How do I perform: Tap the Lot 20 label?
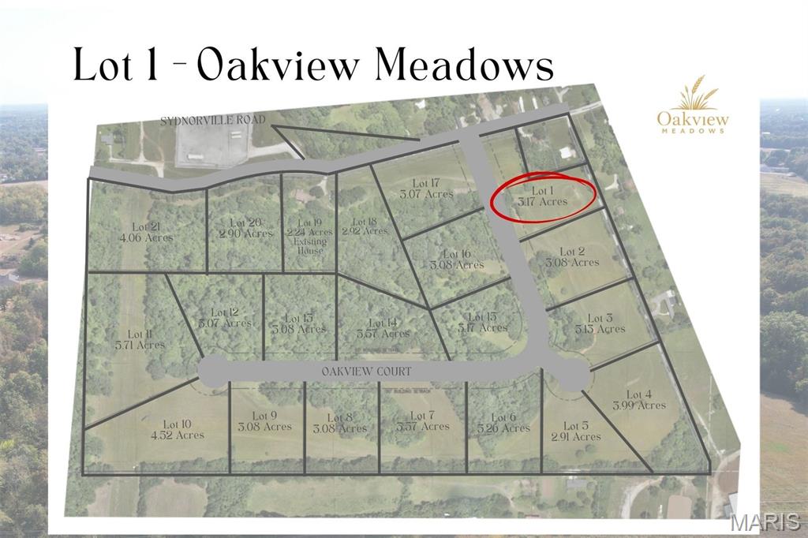(245, 228)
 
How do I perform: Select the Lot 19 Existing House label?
(310, 232)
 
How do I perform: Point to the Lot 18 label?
(365, 226)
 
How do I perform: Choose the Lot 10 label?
(178, 429)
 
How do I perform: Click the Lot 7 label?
(424, 420)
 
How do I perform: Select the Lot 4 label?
(639, 400)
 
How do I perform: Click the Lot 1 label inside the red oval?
(541, 196)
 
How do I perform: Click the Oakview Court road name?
(366, 370)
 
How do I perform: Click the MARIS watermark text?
(765, 522)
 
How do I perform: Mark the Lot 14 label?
(383, 327)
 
